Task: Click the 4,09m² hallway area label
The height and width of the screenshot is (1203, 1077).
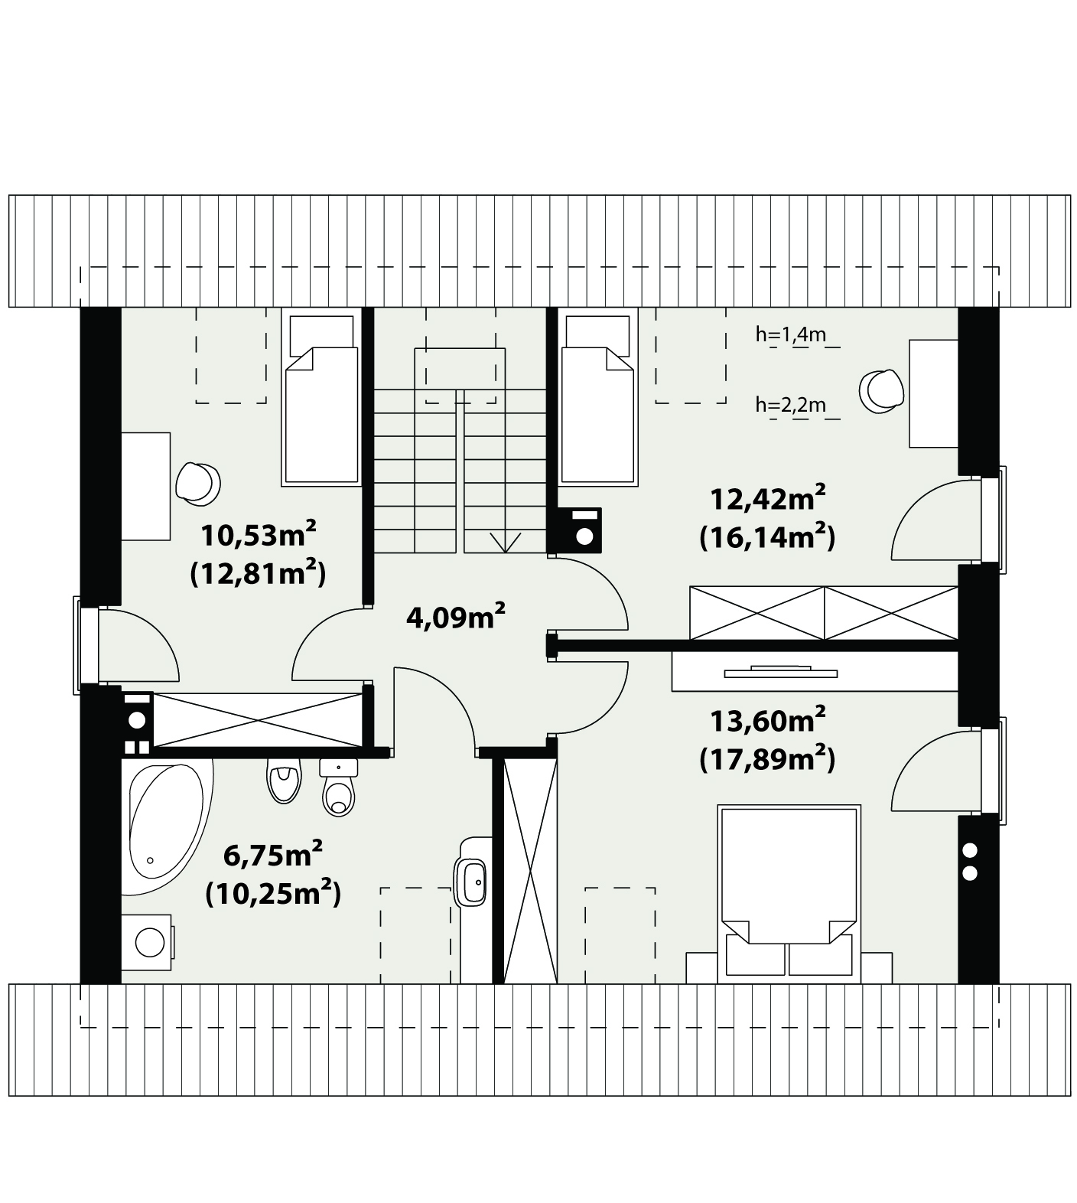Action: [x=455, y=615]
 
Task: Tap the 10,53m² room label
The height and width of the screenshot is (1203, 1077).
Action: [x=259, y=533]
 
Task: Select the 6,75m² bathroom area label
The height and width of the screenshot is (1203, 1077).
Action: [x=272, y=853]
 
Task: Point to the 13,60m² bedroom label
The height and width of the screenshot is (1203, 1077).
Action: [x=767, y=719]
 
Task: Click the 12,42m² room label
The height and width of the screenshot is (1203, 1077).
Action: [x=767, y=499]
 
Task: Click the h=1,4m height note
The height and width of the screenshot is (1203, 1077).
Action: [x=790, y=334]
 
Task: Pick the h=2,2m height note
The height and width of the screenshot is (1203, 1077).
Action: [x=790, y=404]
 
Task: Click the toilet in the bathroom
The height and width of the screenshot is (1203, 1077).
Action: [x=338, y=787]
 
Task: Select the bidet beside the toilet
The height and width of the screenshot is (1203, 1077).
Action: [x=283, y=781]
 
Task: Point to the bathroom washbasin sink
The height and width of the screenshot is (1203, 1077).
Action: [x=471, y=882]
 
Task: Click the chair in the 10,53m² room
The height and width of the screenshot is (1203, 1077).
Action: [x=197, y=484]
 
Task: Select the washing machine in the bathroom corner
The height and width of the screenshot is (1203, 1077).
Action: [x=148, y=941]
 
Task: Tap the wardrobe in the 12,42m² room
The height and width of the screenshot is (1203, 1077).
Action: [x=824, y=613]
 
